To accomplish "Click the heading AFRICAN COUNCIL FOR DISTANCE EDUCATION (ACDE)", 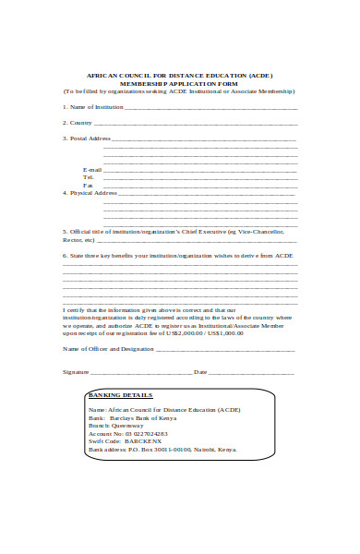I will [x=179, y=76].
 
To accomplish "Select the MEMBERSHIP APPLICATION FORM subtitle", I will [x=179, y=84].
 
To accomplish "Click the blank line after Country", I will [x=194, y=124].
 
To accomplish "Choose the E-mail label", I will [x=92, y=170].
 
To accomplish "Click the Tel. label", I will [x=90, y=177].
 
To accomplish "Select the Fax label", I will [x=89, y=185].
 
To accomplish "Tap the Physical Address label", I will [x=93, y=193].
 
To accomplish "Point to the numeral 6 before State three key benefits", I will [x=65, y=255].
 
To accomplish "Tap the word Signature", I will [x=75, y=372].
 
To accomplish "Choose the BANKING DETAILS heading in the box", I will [x=126, y=394].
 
